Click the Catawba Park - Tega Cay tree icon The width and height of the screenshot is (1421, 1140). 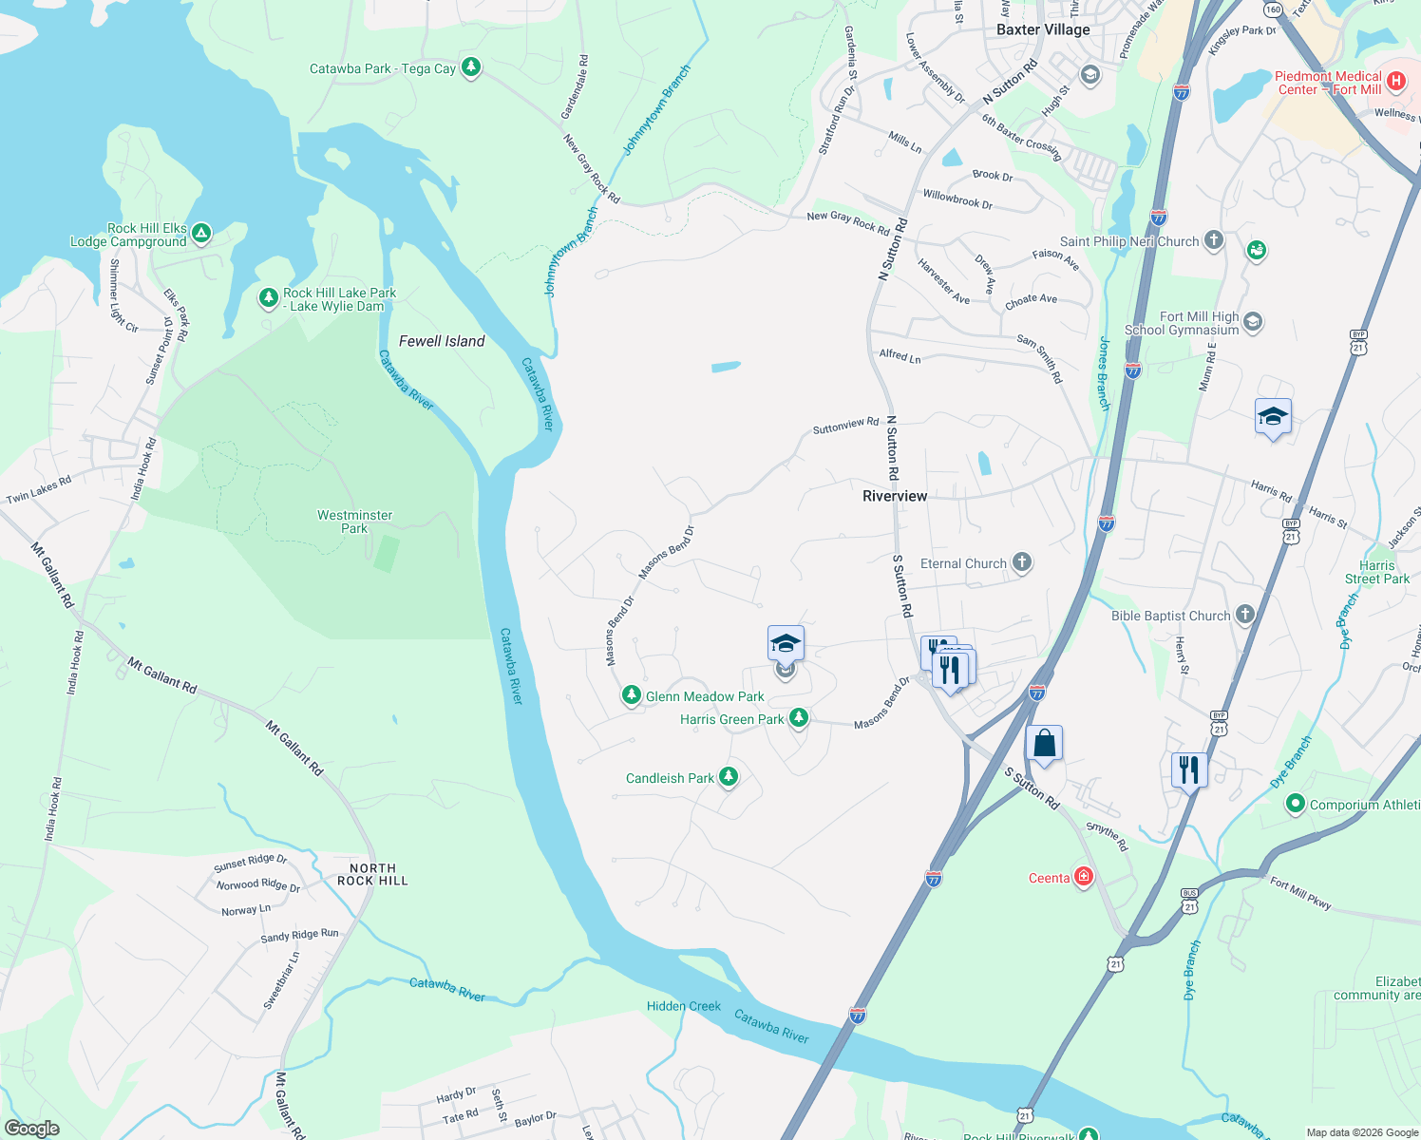click(x=470, y=67)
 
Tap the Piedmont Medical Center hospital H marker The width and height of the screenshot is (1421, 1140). click(x=1395, y=82)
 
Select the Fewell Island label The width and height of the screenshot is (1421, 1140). click(x=442, y=341)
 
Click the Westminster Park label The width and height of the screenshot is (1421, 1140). click(x=354, y=522)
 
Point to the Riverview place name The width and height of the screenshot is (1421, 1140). click(x=894, y=496)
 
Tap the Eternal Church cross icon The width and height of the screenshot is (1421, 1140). click(x=1022, y=562)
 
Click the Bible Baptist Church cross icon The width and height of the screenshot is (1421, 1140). click(x=1245, y=615)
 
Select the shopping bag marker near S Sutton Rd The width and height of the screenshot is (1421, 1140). click(x=1044, y=744)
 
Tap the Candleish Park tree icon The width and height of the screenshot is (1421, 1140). click(x=729, y=777)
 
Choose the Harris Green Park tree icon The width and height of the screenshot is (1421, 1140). click(x=799, y=718)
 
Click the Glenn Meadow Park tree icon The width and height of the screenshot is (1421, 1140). click(x=632, y=695)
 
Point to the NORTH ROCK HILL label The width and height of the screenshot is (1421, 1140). click(x=372, y=874)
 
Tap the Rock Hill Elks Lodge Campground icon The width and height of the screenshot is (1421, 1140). click(x=201, y=233)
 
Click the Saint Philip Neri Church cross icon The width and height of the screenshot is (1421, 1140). click(x=1214, y=240)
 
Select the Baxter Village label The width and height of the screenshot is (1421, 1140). click(x=1043, y=29)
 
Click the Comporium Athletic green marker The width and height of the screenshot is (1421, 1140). click(x=1295, y=804)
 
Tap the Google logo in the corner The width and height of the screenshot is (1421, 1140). click(x=31, y=1129)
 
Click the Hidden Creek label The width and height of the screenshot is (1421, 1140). click(x=684, y=1006)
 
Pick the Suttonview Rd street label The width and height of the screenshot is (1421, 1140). click(x=845, y=426)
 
